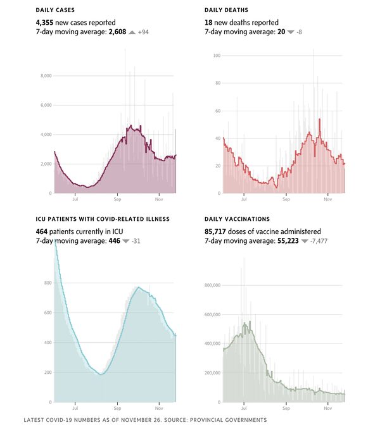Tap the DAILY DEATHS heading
click(226, 11)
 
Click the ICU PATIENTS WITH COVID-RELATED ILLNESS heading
click(103, 219)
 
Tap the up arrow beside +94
click(131, 31)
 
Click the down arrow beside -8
click(290, 31)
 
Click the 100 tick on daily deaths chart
click(217, 56)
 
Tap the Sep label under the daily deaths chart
click(286, 199)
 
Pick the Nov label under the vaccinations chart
click(328, 408)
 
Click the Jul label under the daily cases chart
click(75, 199)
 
